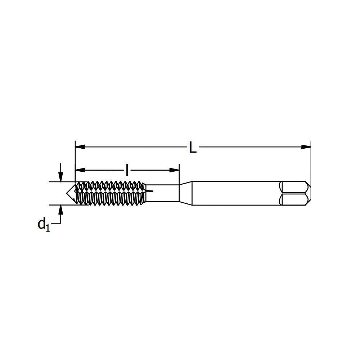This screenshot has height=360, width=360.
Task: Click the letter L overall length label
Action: point(193,148)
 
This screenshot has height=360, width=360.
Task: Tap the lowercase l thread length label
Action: point(127,170)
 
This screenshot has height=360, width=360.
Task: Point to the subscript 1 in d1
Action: point(48,228)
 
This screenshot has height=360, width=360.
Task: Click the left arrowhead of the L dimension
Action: point(80,147)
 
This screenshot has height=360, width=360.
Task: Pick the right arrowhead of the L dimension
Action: point(306,147)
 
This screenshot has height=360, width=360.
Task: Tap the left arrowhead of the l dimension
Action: point(80,170)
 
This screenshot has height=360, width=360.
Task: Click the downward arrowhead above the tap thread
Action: point(61,177)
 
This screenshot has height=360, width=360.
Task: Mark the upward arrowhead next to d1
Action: point(61,210)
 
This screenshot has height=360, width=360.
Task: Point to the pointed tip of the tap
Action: point(67,193)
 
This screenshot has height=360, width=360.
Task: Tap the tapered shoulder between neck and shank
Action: point(185,193)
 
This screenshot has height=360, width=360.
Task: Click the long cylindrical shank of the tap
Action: point(234,193)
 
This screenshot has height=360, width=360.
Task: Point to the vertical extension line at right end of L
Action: point(311,162)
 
